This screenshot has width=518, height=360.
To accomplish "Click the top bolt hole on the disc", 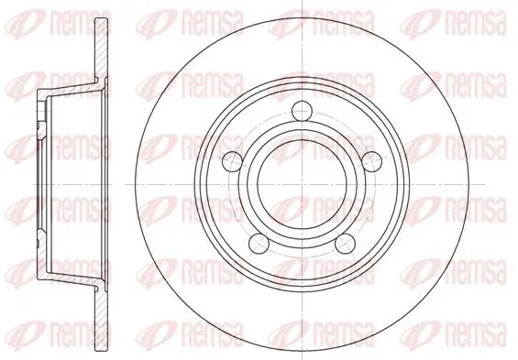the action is (303, 111).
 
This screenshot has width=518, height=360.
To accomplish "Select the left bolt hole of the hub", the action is (232, 161).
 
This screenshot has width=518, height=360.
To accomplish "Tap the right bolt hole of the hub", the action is (372, 161).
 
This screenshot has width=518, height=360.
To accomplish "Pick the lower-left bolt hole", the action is (259, 244).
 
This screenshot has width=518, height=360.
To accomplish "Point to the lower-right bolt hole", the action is (346, 244).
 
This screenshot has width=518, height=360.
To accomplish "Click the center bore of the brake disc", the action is (303, 184).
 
